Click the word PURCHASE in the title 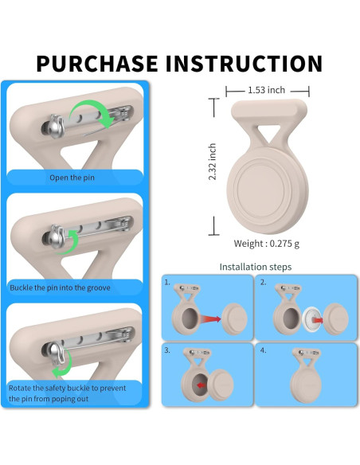[97, 64]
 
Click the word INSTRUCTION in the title [244, 64]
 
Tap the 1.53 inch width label [266, 90]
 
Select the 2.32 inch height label [213, 162]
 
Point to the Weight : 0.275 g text [267, 244]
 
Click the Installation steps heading [256, 267]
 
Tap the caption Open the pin [72, 178]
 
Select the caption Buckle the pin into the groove [60, 287]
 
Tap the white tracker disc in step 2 [311, 320]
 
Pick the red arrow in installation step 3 [201, 385]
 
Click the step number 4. [263, 350]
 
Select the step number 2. [263, 283]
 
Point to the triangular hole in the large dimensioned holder [269, 132]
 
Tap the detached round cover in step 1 [235, 319]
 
